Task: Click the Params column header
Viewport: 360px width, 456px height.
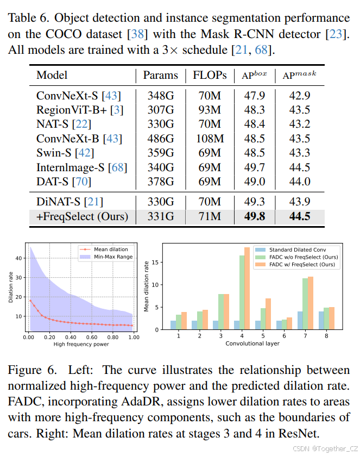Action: point(160,75)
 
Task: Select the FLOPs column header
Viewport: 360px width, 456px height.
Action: point(210,75)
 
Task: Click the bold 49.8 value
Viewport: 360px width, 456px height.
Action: point(254,216)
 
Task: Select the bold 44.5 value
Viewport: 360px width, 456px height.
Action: point(300,216)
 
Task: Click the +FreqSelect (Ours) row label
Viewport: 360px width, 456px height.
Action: point(83,216)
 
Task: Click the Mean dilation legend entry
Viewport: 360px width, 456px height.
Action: point(111,249)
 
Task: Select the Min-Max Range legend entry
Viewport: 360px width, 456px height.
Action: point(113,257)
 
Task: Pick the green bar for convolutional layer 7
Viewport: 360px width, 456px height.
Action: point(304,304)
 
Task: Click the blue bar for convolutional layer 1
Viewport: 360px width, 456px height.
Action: point(173,325)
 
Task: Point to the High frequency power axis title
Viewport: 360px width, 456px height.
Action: point(81,345)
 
